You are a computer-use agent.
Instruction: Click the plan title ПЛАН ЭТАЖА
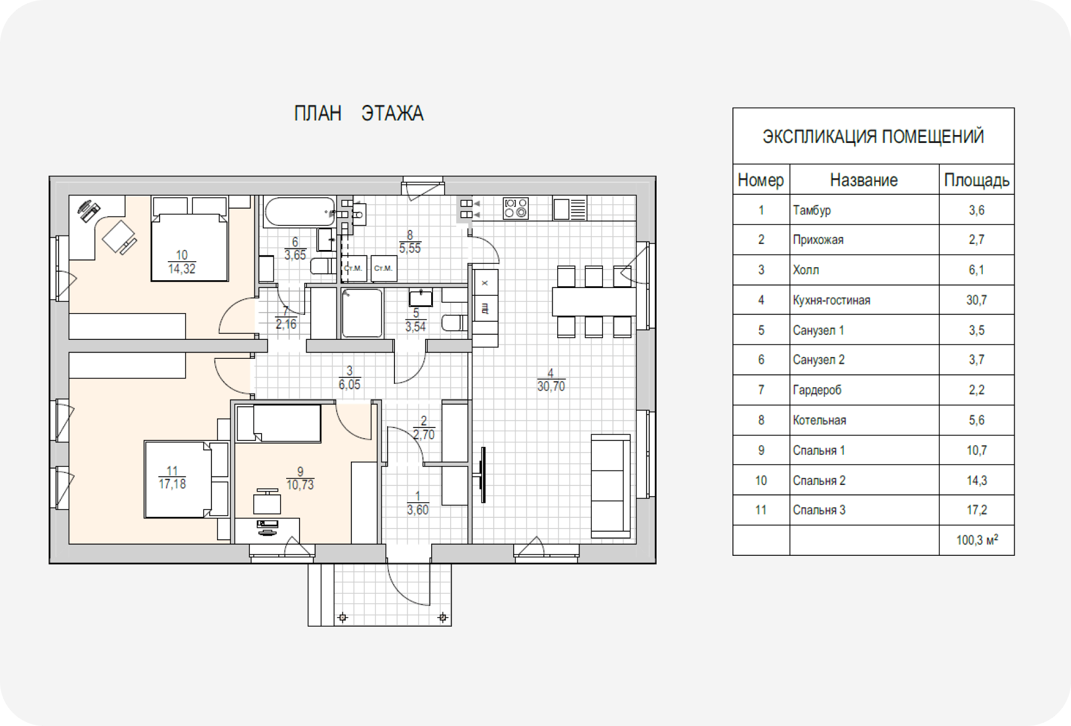click(x=359, y=113)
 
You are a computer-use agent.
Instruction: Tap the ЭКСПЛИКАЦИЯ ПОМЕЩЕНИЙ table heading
click(x=873, y=137)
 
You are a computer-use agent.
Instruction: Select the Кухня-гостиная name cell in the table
click(x=831, y=300)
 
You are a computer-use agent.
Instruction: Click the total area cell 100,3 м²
click(x=976, y=540)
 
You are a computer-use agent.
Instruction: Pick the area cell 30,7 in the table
click(x=976, y=300)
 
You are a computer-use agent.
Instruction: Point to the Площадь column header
click(x=976, y=180)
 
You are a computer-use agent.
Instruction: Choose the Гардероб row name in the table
click(x=817, y=390)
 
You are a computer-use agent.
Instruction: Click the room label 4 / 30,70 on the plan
click(x=551, y=380)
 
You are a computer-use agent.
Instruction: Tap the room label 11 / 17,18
click(x=172, y=478)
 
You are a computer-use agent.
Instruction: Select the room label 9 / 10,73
click(x=300, y=479)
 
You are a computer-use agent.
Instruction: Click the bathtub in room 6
click(x=298, y=211)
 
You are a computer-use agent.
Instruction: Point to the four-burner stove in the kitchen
click(x=516, y=208)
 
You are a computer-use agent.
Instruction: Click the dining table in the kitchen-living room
click(x=594, y=301)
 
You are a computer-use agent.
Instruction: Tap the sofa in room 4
click(x=610, y=485)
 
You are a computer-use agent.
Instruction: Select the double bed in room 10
click(x=190, y=246)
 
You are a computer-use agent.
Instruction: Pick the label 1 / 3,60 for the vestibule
click(x=418, y=503)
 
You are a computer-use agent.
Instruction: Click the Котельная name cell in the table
click(x=819, y=420)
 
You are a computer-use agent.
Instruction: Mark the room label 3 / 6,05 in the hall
click(x=350, y=378)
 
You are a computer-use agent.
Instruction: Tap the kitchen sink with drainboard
click(x=570, y=209)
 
